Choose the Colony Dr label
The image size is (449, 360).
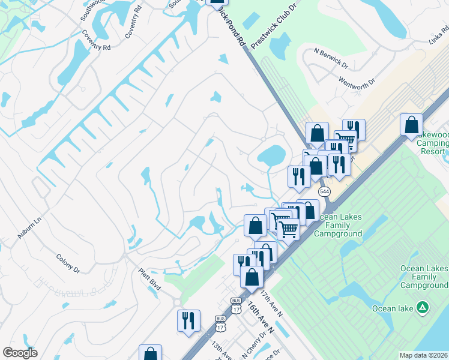[68, 263]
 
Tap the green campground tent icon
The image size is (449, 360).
[424, 308]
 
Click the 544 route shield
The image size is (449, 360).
[324, 191]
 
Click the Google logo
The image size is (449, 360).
[20, 353]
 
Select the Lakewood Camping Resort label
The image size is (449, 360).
[430, 144]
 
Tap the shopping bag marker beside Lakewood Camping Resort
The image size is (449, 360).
[411, 125]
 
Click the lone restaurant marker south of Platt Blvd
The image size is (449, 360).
[188, 320]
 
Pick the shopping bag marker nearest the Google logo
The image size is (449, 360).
[150, 354]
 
